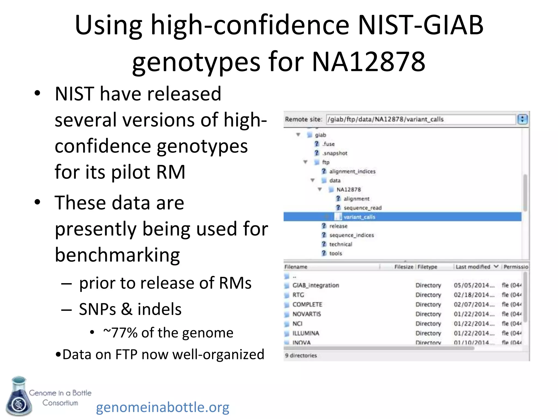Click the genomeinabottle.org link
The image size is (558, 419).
coord(163,407)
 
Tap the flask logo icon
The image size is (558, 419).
coord(19,396)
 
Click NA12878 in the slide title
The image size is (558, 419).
coord(368,62)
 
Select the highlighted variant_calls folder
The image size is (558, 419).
coord(359,217)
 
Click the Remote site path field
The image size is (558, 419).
coord(421,119)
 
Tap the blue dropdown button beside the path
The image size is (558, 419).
coord(522,119)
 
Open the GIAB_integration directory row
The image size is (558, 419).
coord(316,285)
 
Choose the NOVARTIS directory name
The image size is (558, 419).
coord(307,314)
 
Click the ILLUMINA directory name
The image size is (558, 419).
coord(305,333)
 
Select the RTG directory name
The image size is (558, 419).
coord(298,295)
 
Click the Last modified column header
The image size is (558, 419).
coord(473,267)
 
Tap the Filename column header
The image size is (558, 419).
coord(296,267)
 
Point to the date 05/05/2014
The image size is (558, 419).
coord(474,285)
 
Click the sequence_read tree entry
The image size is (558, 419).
coord(362,208)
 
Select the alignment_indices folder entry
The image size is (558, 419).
coord(352,171)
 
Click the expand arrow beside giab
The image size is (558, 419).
coord(298,135)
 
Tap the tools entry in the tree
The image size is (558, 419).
coord(335,253)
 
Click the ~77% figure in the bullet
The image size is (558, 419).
coord(120,333)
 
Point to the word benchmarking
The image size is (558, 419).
coord(117,255)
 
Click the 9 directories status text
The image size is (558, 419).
coord(301,355)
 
